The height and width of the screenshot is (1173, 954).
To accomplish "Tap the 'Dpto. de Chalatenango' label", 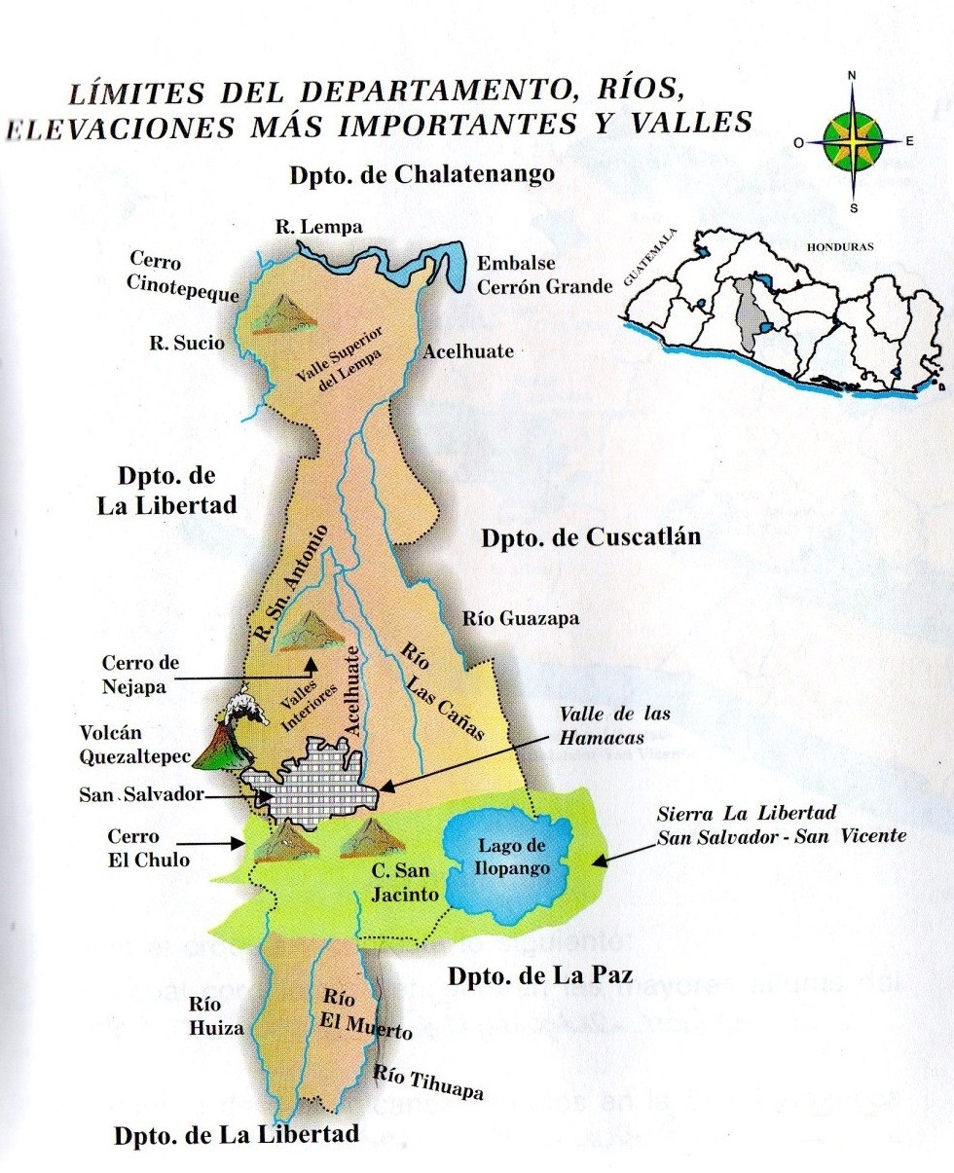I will (422, 176).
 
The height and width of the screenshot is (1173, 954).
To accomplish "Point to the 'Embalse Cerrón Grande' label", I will (544, 275).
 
